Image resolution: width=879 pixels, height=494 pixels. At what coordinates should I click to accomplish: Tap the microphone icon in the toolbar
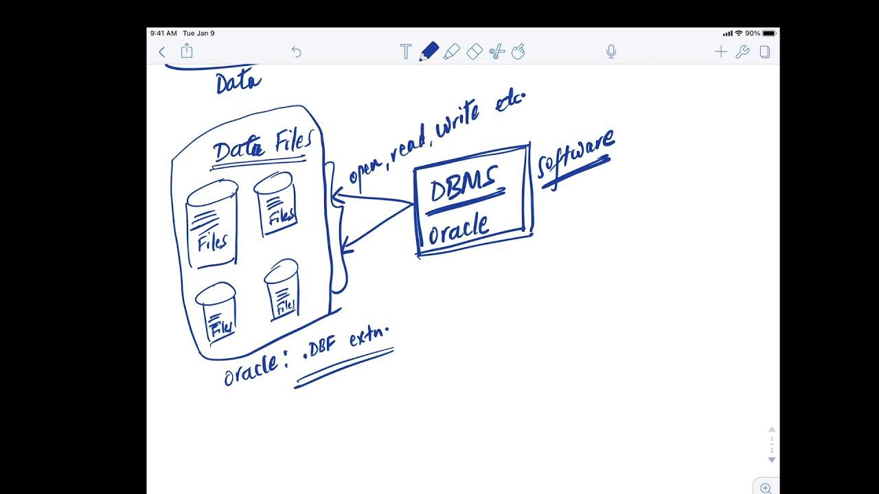coord(611,51)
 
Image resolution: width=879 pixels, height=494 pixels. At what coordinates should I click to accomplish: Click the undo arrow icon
coord(297,51)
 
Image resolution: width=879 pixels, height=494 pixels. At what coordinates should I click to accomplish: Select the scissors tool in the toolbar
coord(497,51)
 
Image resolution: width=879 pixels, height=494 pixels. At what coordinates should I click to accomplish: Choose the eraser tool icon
coord(475,51)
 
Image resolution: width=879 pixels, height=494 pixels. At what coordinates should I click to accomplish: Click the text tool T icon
coord(406,51)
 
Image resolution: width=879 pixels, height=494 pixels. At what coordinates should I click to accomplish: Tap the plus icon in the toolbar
coord(720,51)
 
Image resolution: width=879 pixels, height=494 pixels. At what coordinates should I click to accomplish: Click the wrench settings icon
coord(742,51)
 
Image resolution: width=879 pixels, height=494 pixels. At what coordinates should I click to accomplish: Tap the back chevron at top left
coord(162,51)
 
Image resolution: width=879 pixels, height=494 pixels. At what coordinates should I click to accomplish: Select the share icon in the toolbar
coord(187,51)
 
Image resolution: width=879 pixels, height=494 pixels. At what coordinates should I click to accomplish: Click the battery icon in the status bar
coord(769,33)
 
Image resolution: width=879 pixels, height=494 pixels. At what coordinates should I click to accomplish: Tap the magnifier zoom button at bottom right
coord(766,488)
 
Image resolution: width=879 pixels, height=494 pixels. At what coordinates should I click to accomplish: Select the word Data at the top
coord(238,83)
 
